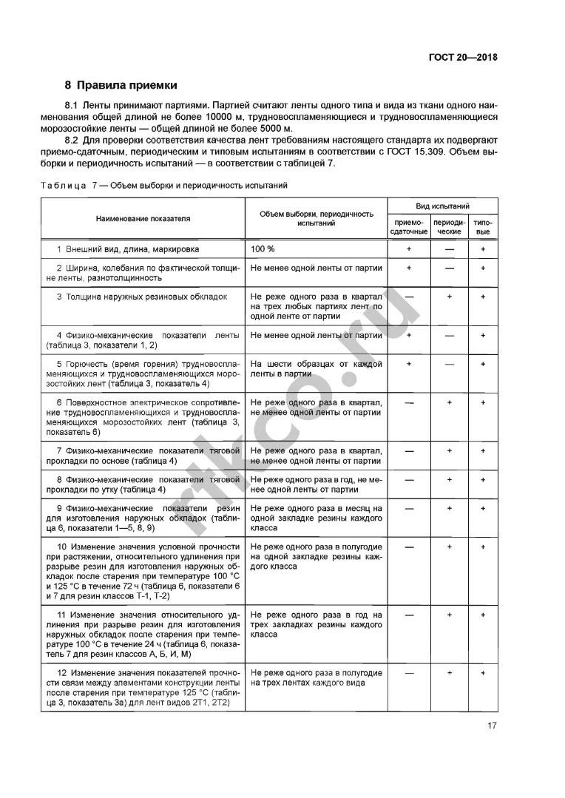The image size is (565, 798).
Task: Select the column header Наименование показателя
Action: (x=142, y=218)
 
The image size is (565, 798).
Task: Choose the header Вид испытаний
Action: (x=443, y=206)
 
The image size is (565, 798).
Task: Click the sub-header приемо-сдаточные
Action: (x=408, y=226)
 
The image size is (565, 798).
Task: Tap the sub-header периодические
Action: (x=449, y=226)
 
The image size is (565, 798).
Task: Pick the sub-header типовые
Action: (x=483, y=226)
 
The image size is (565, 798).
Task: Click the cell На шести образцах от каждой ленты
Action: (x=316, y=369)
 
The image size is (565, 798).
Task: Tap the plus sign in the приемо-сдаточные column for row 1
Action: (x=408, y=249)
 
